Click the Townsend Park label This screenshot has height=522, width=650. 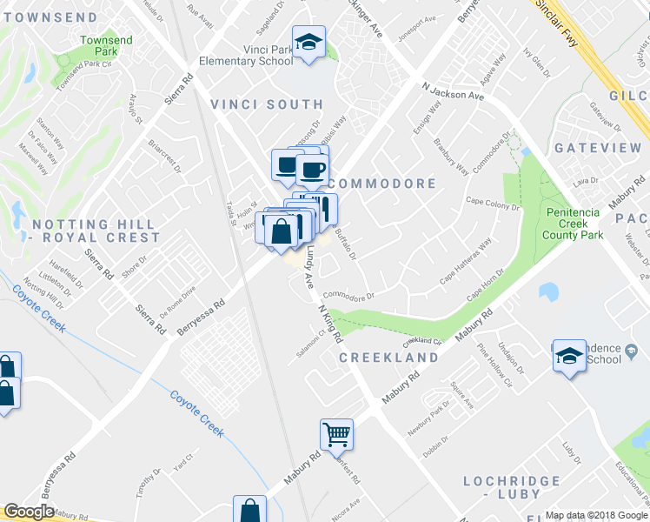(x=106, y=46)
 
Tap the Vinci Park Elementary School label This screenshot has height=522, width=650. (x=245, y=55)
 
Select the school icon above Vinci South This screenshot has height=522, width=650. (x=308, y=42)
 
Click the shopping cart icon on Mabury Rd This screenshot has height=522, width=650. (x=336, y=432)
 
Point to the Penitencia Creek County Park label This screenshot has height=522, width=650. (x=574, y=223)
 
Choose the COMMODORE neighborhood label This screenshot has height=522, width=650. (x=382, y=184)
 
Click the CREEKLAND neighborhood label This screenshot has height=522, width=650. (x=388, y=358)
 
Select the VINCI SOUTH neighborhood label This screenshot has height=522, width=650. (x=267, y=104)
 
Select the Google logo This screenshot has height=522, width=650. (x=29, y=512)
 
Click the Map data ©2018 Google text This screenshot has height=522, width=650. (x=595, y=515)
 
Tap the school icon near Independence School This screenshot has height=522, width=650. (x=570, y=356)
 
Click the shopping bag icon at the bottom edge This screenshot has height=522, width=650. (x=250, y=510)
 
